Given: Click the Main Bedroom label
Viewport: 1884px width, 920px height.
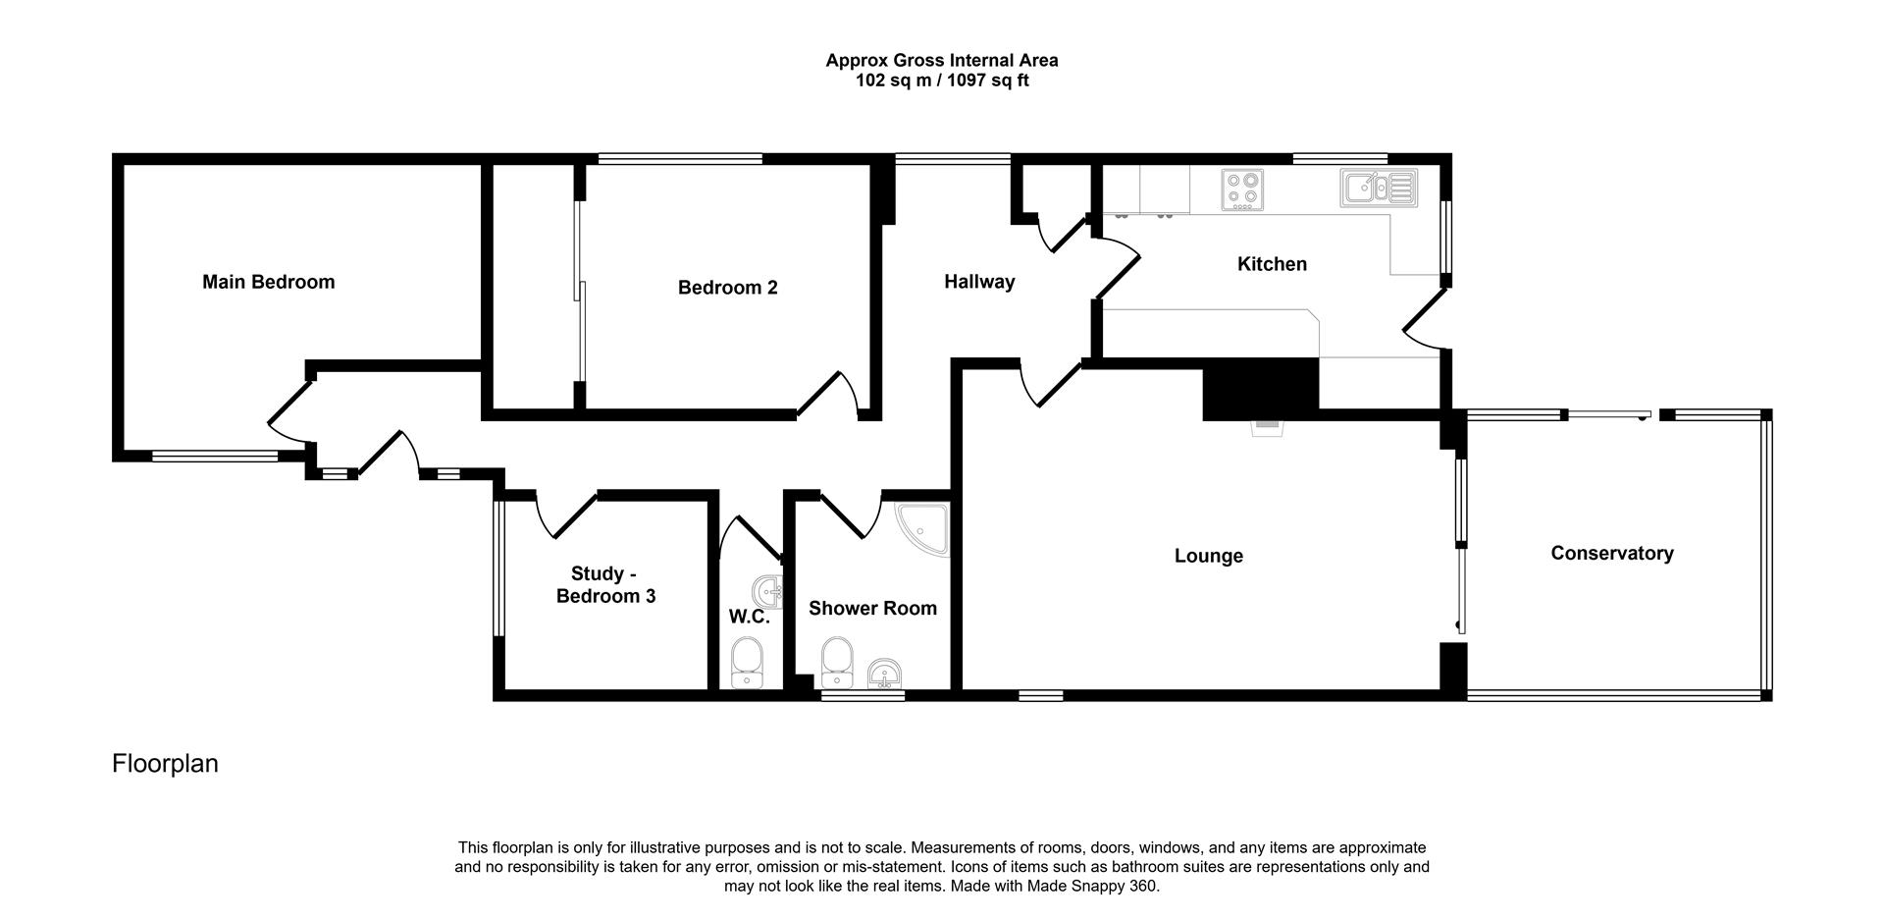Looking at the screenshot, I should click(268, 282).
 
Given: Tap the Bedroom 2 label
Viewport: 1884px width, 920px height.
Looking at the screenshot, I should click(727, 288).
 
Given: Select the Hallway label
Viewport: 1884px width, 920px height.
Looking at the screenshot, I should click(978, 282).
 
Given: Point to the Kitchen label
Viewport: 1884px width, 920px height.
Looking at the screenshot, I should click(1271, 264).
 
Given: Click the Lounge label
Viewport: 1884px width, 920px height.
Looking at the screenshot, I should click(1208, 556).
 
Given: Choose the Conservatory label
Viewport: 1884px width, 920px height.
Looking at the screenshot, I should click(1611, 553).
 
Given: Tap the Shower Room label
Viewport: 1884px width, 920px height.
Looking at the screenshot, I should click(871, 609).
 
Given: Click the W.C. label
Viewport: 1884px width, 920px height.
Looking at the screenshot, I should click(748, 617).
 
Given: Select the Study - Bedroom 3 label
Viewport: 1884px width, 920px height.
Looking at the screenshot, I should click(605, 584).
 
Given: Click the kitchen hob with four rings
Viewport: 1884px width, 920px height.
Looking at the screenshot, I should click(1241, 189).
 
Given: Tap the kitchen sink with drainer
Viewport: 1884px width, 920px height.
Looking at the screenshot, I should click(1378, 187).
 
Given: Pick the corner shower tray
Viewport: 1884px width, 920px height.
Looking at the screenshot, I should click(923, 529).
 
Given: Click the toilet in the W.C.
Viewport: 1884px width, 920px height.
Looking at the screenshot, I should click(748, 663).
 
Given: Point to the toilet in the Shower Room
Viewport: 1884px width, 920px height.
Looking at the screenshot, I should click(836, 663).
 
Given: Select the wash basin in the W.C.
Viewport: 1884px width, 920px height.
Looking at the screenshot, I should click(767, 592).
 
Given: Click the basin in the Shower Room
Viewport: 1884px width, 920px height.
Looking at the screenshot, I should click(886, 674).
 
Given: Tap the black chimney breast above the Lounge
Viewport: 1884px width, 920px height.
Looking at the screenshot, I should click(1260, 388).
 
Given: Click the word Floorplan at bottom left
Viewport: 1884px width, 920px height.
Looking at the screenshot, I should click(165, 764).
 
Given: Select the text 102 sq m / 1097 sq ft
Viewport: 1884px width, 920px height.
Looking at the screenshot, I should click(941, 81).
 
